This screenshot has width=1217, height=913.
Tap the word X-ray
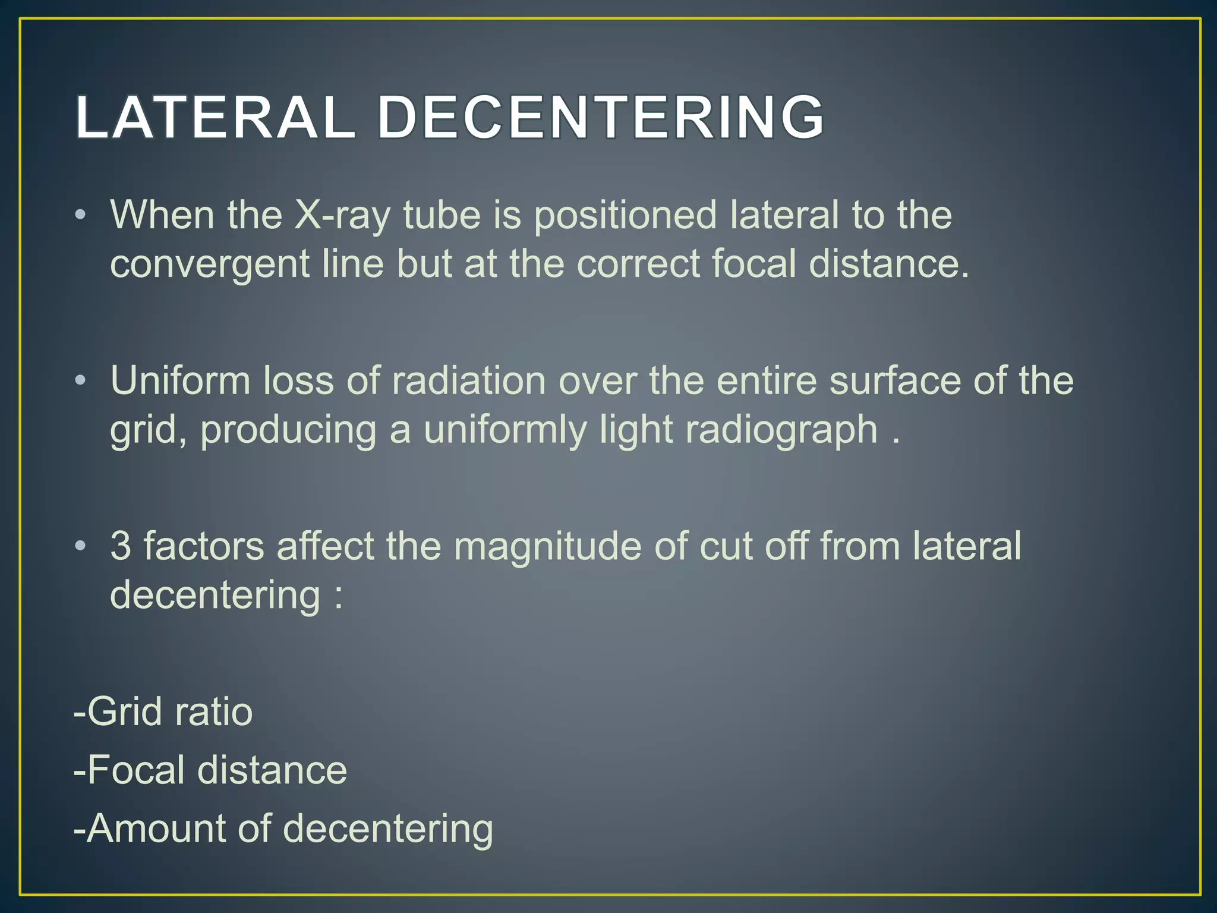(x=342, y=215)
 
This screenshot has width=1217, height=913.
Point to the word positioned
(x=625, y=215)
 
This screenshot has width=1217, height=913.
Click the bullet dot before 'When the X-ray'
(x=81, y=215)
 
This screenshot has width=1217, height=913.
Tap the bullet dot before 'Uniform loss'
(x=81, y=380)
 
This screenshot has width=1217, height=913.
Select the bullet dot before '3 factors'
(x=81, y=545)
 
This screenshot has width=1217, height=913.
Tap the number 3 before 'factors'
(x=121, y=546)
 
